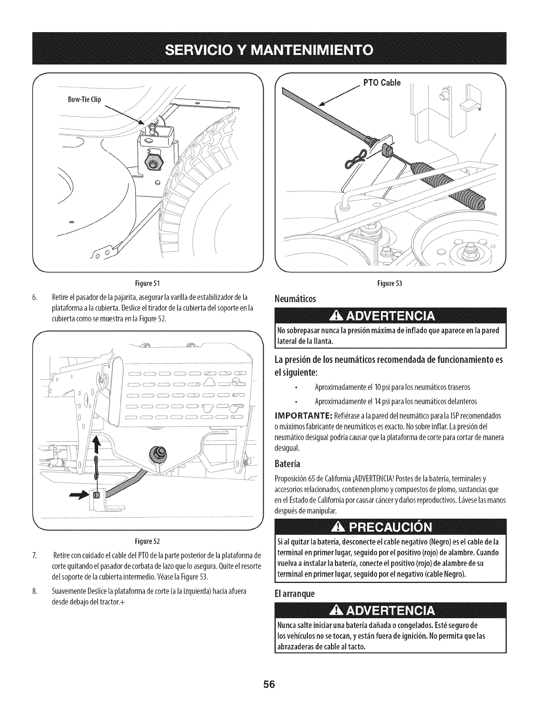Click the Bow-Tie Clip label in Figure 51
(x=84, y=100)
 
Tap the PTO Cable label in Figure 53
(x=382, y=83)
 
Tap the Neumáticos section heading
(x=295, y=299)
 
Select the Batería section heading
(x=287, y=463)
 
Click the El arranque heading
(x=294, y=594)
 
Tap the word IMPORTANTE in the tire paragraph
(x=303, y=416)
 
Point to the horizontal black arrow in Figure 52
(x=79, y=495)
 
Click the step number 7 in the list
(x=34, y=555)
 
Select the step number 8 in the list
(x=34, y=591)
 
